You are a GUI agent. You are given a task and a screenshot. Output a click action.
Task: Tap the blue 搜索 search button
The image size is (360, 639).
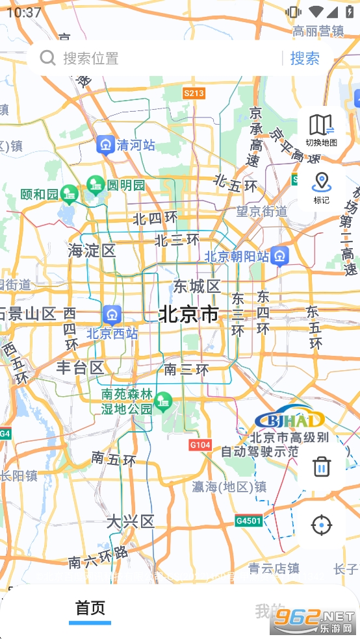pos(304,58)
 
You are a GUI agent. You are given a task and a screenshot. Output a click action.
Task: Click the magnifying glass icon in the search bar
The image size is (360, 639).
pos(47,58)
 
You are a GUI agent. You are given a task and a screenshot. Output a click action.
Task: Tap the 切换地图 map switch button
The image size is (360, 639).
pos(321,129)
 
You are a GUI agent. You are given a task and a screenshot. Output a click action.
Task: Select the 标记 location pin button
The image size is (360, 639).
pos(321,187)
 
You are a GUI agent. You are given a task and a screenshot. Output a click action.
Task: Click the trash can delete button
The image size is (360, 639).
pos(321,466)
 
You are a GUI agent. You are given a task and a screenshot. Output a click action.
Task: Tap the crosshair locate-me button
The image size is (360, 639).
pos(321,525)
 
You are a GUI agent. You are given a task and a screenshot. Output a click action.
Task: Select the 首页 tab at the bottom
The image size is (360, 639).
pos(90,609)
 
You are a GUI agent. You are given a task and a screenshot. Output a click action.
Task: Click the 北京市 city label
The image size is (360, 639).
pos(188,314)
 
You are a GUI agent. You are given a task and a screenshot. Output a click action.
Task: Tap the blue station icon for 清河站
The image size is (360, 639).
pos(105,145)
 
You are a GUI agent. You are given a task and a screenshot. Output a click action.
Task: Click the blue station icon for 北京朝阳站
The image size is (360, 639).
pos(280,256)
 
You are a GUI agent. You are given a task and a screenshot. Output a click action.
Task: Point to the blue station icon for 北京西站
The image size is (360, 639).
pos(112,315)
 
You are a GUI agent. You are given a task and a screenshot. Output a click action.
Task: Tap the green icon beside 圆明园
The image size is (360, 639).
pos(96,185)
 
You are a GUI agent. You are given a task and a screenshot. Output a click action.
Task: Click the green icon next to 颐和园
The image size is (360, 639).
pos(69,194)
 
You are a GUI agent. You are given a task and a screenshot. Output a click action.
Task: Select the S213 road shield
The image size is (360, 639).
pos(194,93)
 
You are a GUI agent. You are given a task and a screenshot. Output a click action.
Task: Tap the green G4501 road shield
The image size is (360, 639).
pos(248,521)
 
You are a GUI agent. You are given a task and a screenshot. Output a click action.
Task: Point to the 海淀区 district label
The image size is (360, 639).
pos(92,251)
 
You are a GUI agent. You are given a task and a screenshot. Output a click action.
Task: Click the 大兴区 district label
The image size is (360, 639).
pos(131,521)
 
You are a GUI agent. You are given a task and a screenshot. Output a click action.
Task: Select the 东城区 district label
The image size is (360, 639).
pos(197,286)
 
